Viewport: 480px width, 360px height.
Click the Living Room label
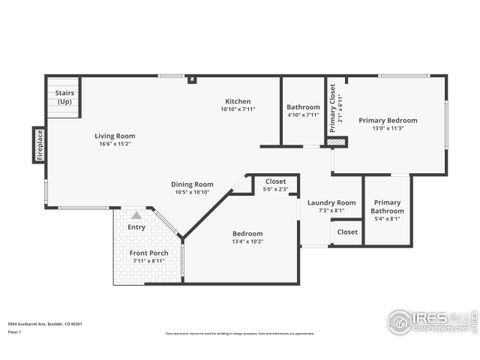point(114,135)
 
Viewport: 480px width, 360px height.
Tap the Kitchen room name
point(237,101)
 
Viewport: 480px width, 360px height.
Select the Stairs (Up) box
point(64,98)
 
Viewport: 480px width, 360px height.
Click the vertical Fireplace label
point(40,144)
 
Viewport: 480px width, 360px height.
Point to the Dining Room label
point(193,183)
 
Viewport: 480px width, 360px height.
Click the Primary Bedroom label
point(388,120)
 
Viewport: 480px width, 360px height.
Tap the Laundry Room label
point(331,202)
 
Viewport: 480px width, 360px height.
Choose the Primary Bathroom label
point(387,206)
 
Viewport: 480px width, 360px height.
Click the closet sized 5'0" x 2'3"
point(275,184)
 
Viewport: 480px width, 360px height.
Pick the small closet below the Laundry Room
point(347,232)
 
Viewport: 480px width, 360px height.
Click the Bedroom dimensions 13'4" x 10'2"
point(247,241)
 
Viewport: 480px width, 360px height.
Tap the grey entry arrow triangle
point(136,215)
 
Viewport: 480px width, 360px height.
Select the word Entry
point(136,227)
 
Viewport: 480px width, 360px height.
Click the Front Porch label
point(148,253)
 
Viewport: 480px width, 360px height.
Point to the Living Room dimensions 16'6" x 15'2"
point(114,143)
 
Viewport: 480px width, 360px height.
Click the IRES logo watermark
point(428,321)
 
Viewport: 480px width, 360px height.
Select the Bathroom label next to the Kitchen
point(303,107)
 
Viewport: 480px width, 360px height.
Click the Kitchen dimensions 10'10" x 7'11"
point(237,109)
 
